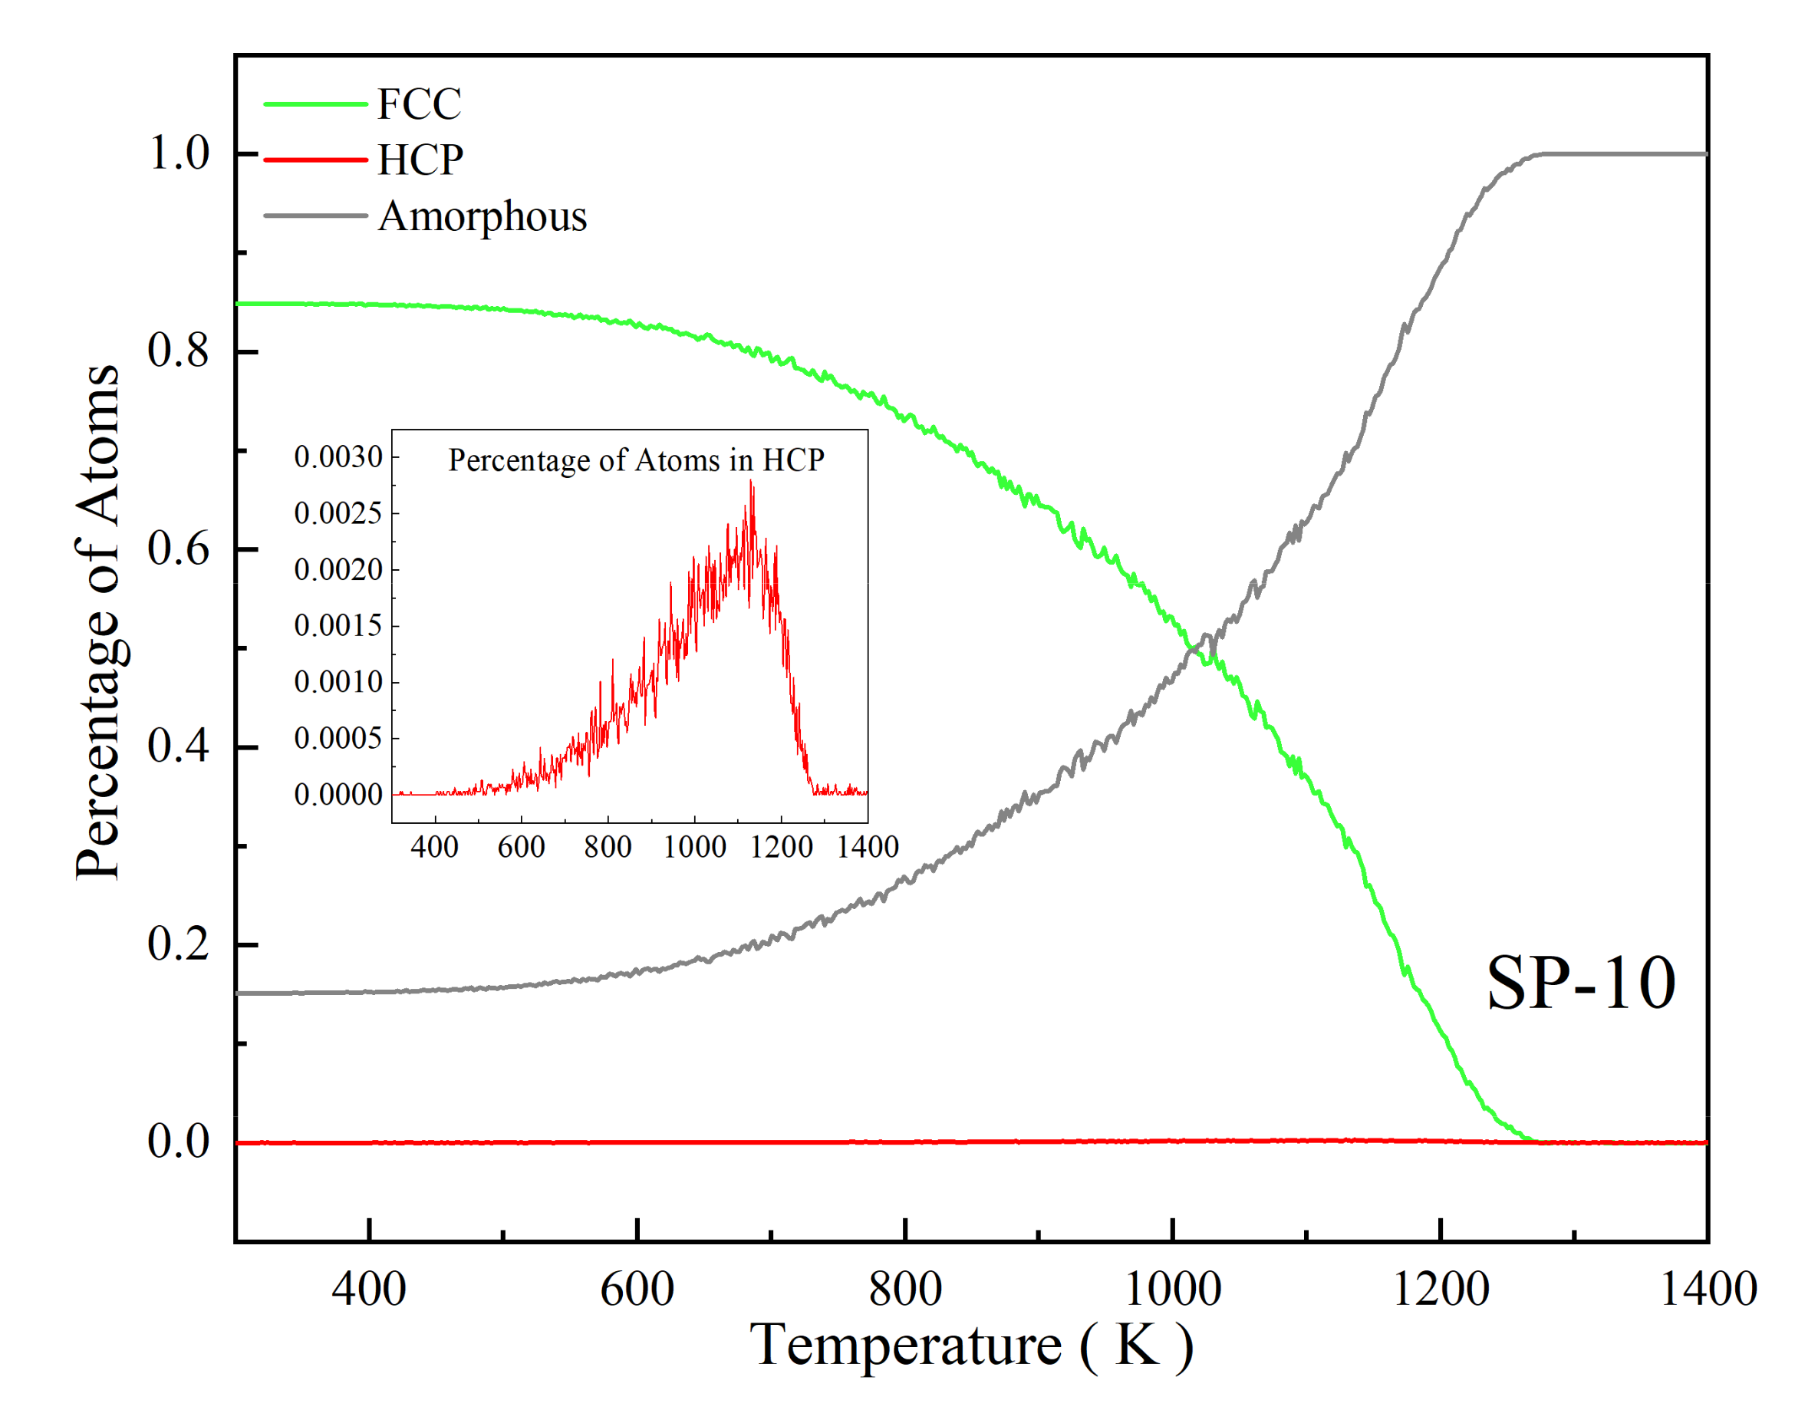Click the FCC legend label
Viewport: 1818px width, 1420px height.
(x=419, y=105)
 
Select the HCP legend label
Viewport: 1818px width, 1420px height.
(x=420, y=160)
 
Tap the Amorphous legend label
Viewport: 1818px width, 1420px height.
(x=482, y=216)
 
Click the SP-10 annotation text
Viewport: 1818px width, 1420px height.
(x=1580, y=983)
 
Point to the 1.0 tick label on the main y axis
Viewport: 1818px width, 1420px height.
(x=179, y=154)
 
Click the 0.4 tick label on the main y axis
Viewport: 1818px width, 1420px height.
(x=179, y=746)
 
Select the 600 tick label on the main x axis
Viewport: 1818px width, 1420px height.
(x=637, y=1290)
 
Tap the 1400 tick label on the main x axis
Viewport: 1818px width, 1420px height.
(x=1708, y=1290)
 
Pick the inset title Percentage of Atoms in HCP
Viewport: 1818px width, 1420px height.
(x=636, y=460)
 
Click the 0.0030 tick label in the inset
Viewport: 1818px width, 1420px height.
(x=338, y=457)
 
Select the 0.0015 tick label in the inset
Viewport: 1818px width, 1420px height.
(x=338, y=625)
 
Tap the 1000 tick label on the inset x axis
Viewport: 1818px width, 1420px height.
(x=694, y=848)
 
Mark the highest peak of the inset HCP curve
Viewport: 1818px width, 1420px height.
(x=752, y=482)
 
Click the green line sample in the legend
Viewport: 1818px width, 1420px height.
(x=315, y=105)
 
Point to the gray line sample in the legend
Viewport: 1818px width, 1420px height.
(x=315, y=216)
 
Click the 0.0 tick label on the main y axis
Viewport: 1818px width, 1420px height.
(x=179, y=1142)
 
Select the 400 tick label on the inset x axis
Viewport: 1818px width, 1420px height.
(x=434, y=848)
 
